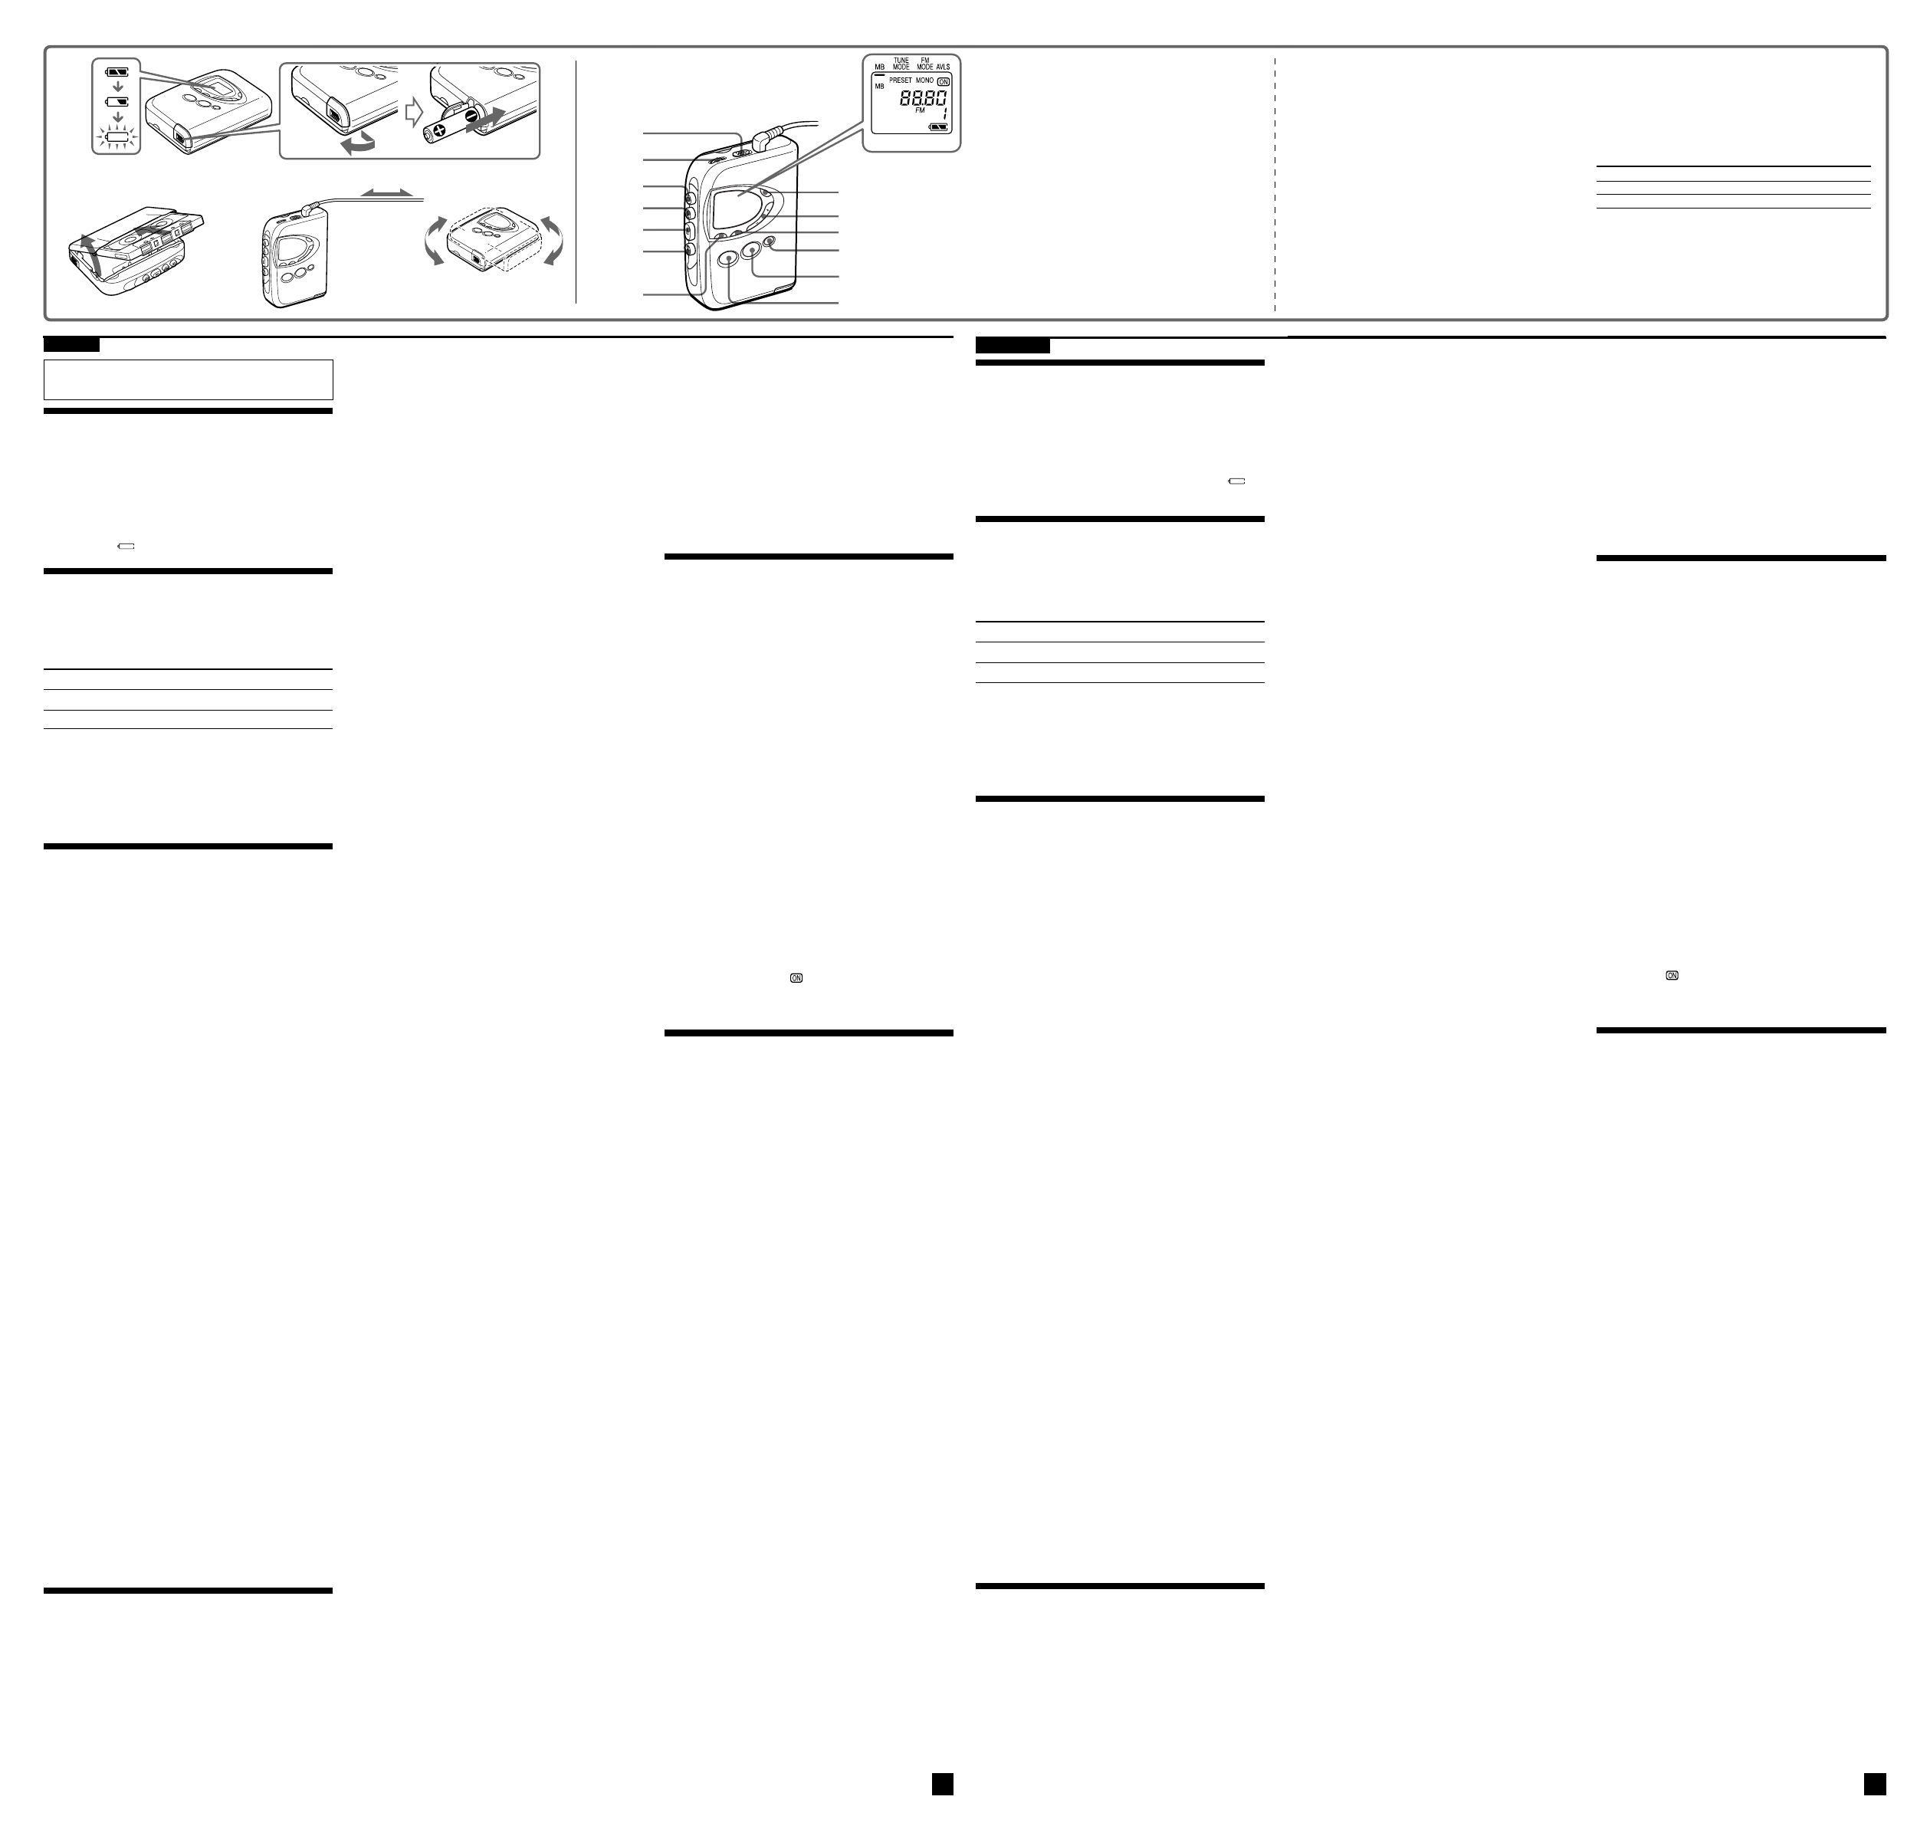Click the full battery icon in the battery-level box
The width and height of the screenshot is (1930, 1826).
[117, 72]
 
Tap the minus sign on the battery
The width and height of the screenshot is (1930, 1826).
[471, 117]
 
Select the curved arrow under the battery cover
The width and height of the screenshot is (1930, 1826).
[354, 143]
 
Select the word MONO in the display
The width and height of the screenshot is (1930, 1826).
[924, 80]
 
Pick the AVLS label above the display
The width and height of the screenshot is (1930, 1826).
[943, 67]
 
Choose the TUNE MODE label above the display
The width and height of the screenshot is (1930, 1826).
[901, 64]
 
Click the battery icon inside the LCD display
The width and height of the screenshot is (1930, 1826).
[939, 126]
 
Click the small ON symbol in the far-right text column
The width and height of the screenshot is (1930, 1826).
[1672, 975]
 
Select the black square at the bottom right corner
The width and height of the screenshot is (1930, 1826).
[1875, 1783]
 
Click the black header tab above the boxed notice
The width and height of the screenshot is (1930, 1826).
[71, 344]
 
